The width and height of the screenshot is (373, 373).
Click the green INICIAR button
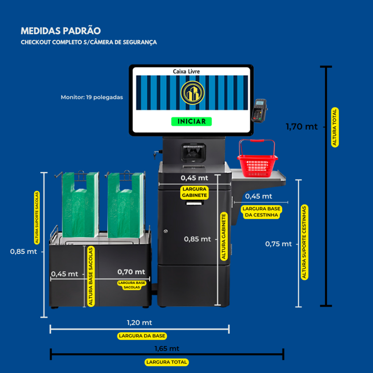tap(191, 121)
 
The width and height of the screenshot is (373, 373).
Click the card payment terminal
tap(259, 111)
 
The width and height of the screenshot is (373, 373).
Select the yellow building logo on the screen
tap(192, 93)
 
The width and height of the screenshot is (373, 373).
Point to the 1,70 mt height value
tap(301, 126)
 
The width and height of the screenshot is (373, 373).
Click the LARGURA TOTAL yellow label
tap(166, 362)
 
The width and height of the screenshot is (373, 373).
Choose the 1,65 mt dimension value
tap(167, 349)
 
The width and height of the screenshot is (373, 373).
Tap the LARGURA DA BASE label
tap(142, 336)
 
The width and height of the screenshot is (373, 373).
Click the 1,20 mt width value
tap(140, 323)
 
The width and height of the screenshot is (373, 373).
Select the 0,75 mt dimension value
tap(278, 244)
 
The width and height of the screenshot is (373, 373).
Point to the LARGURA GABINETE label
tap(195, 192)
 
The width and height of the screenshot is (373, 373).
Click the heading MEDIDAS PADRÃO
tap(61, 31)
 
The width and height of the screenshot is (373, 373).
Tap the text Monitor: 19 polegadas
tap(92, 97)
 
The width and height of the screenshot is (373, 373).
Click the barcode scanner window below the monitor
tap(193, 153)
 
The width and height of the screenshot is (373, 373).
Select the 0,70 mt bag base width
tap(131, 272)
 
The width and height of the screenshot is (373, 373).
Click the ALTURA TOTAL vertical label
tap(335, 127)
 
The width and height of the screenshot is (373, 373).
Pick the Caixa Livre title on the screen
tap(186, 71)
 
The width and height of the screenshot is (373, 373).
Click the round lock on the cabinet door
tap(166, 231)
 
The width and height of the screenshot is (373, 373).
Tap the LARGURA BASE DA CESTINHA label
tap(262, 212)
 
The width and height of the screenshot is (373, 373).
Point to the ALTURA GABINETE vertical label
tap(224, 236)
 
